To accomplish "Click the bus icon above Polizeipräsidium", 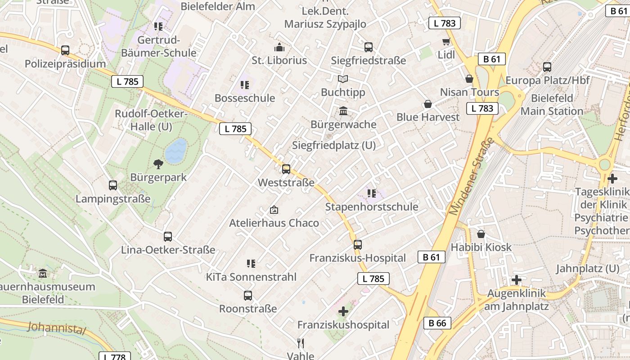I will pos(65,50).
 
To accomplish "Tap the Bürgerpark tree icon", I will pos(158,164).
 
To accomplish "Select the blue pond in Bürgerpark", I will pos(175,151).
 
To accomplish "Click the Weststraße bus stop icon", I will pos(286,169).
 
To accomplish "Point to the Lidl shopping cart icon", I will pos(446,41).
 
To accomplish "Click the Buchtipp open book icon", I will pos(343,79).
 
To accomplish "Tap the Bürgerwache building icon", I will pos(343,111).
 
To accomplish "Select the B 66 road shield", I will pos(437,323).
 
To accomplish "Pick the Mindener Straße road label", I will pos(471,177).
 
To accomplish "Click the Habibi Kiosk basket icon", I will pos(481,234).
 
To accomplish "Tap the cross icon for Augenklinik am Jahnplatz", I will pos(517,280).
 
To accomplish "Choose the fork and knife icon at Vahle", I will pos(301,343).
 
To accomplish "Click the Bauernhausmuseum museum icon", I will pos(43,273).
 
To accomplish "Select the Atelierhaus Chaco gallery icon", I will pos(274,210).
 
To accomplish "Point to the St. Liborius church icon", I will pos(279,47).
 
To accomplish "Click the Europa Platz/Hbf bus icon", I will pos(547,67).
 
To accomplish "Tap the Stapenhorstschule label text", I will pos(372,207).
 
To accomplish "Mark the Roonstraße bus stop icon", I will pos(248,296).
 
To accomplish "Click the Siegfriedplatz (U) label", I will pos(334,145).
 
